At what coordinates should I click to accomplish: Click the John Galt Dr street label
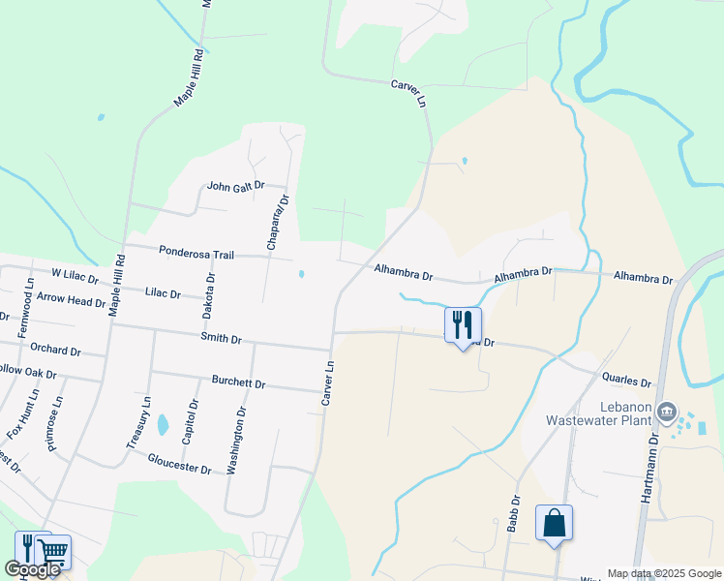pos(232,187)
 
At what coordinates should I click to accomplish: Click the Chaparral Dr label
pos(275,223)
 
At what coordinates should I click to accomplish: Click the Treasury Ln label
pos(139,422)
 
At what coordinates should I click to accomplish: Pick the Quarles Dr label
pos(626,382)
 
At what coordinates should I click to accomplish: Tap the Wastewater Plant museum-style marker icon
pos(666,413)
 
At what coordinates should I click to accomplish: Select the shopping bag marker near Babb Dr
pos(554,523)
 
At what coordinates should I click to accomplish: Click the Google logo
pos(32,570)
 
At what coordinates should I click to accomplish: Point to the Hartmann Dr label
pos(650,468)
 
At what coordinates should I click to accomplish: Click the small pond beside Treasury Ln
pos(163,424)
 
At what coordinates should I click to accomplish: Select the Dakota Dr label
pos(209,296)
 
